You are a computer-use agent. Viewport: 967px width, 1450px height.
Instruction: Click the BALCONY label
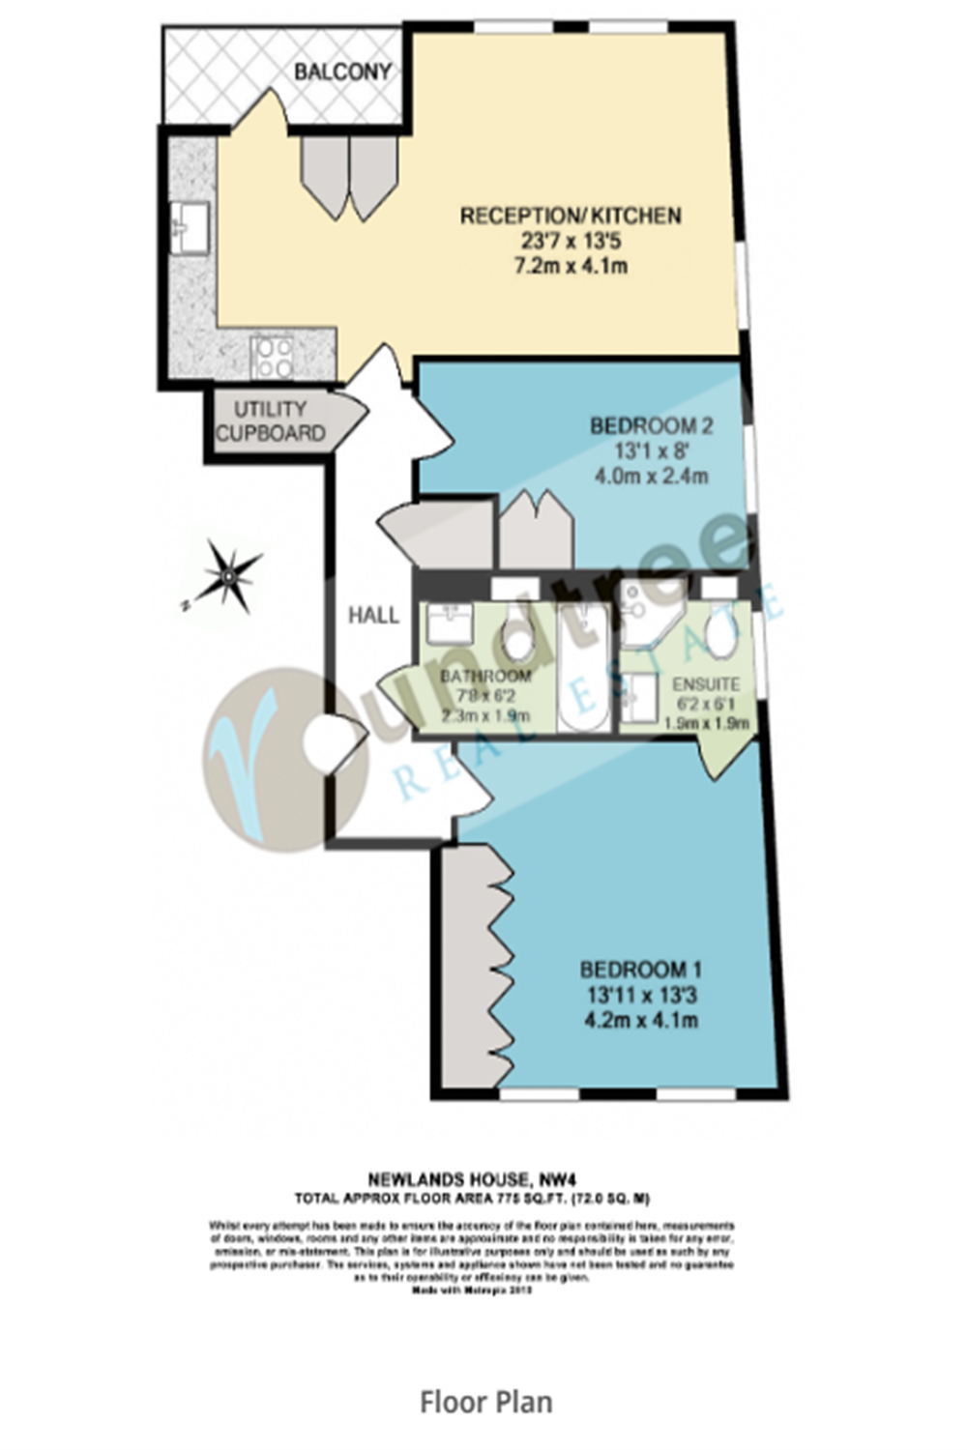pos(342,72)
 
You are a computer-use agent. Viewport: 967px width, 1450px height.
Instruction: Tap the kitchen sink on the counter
pos(190,228)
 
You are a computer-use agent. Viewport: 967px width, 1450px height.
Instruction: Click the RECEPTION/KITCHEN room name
pos(571,216)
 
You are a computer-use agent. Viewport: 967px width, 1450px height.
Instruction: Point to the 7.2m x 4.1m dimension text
pos(571,265)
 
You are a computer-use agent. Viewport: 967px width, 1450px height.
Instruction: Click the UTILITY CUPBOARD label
pos(270,421)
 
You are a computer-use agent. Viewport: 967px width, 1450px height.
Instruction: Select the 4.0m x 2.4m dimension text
pos(651,476)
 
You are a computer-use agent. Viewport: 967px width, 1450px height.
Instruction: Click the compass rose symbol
pos(227,577)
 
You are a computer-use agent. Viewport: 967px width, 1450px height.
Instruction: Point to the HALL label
pos(373,615)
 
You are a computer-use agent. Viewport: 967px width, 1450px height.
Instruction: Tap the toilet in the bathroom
pos(519,637)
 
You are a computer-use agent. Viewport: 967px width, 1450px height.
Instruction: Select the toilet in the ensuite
pos(720,633)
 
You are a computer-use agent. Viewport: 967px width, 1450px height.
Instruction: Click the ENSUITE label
pos(706,683)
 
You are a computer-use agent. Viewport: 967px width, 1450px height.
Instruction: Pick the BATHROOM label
pos(485,676)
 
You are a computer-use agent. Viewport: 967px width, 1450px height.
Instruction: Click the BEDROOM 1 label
pos(641,970)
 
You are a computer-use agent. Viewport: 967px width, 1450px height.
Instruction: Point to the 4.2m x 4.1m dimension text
pos(641,1020)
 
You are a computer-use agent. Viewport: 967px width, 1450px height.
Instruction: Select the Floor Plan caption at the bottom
pos(485,1402)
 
